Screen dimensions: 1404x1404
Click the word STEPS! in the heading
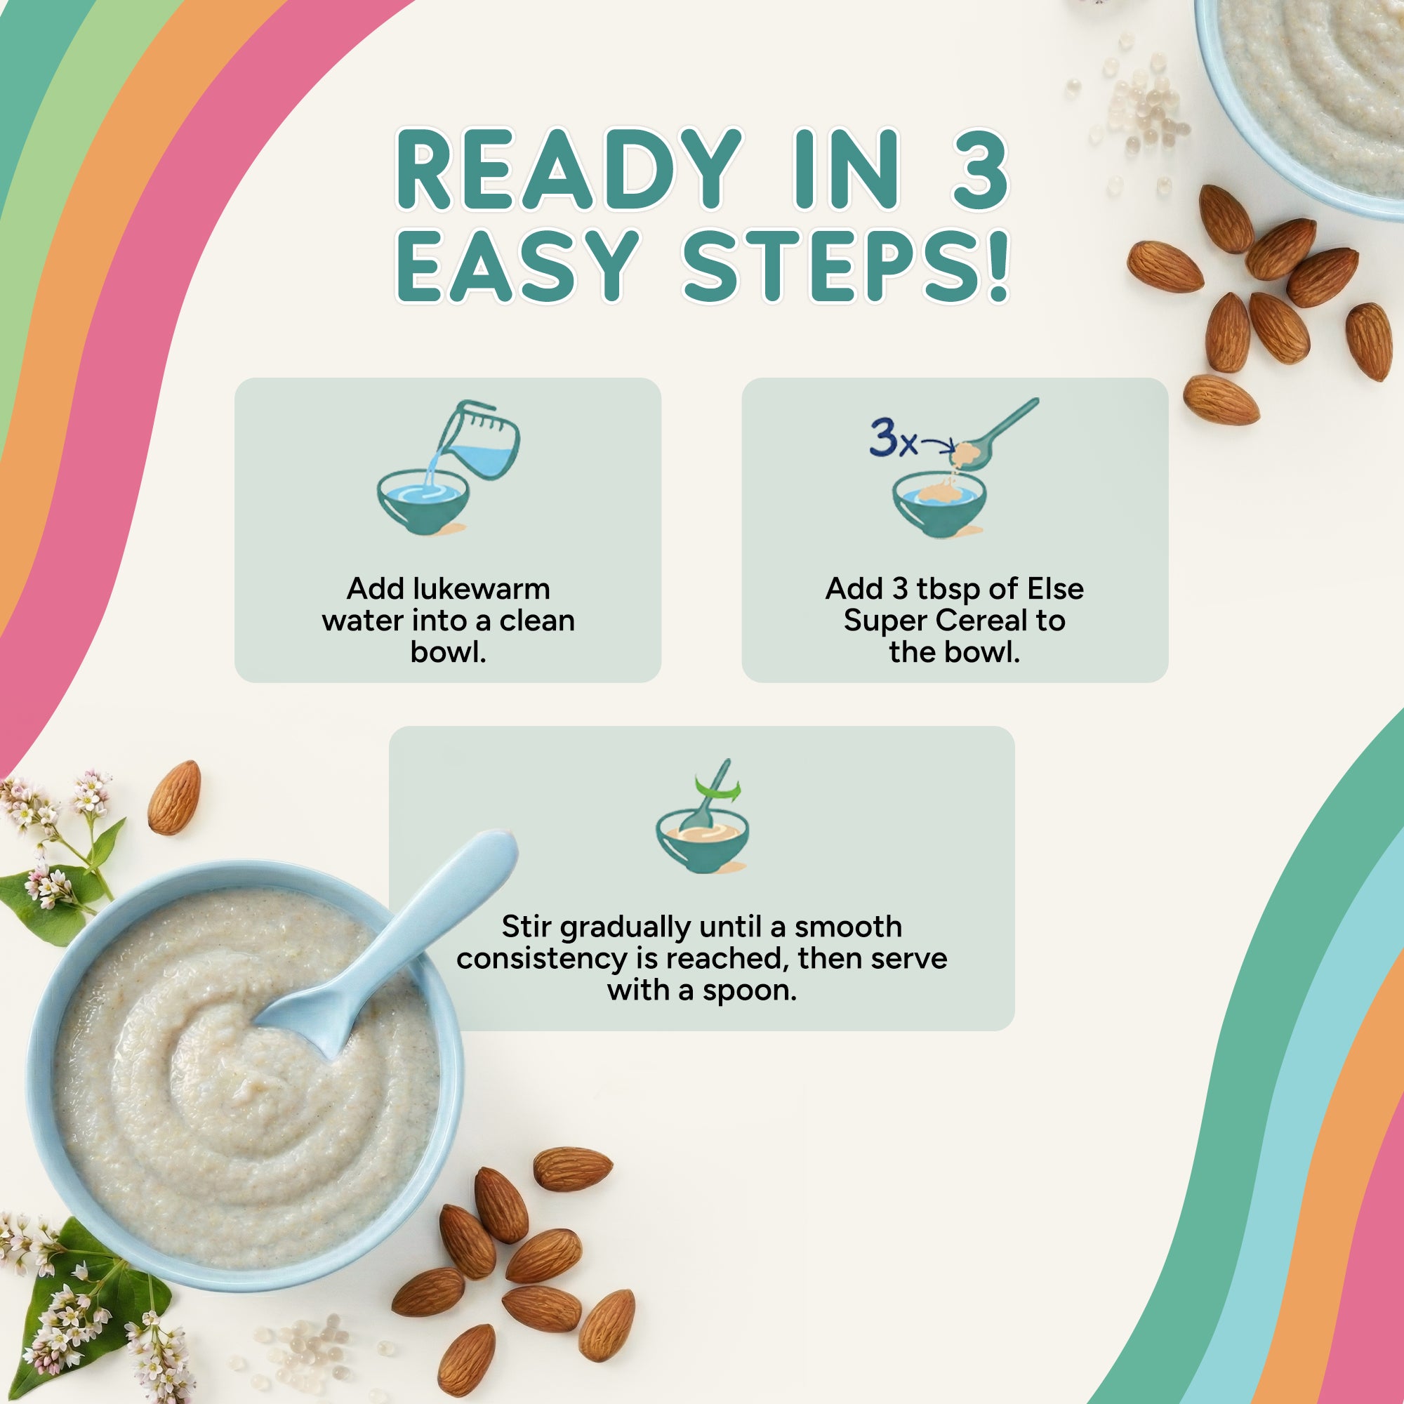tap(845, 265)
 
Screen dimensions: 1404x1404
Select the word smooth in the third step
tap(848, 927)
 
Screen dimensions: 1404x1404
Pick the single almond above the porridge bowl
tap(174, 797)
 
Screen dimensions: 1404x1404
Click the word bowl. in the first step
tap(448, 653)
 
